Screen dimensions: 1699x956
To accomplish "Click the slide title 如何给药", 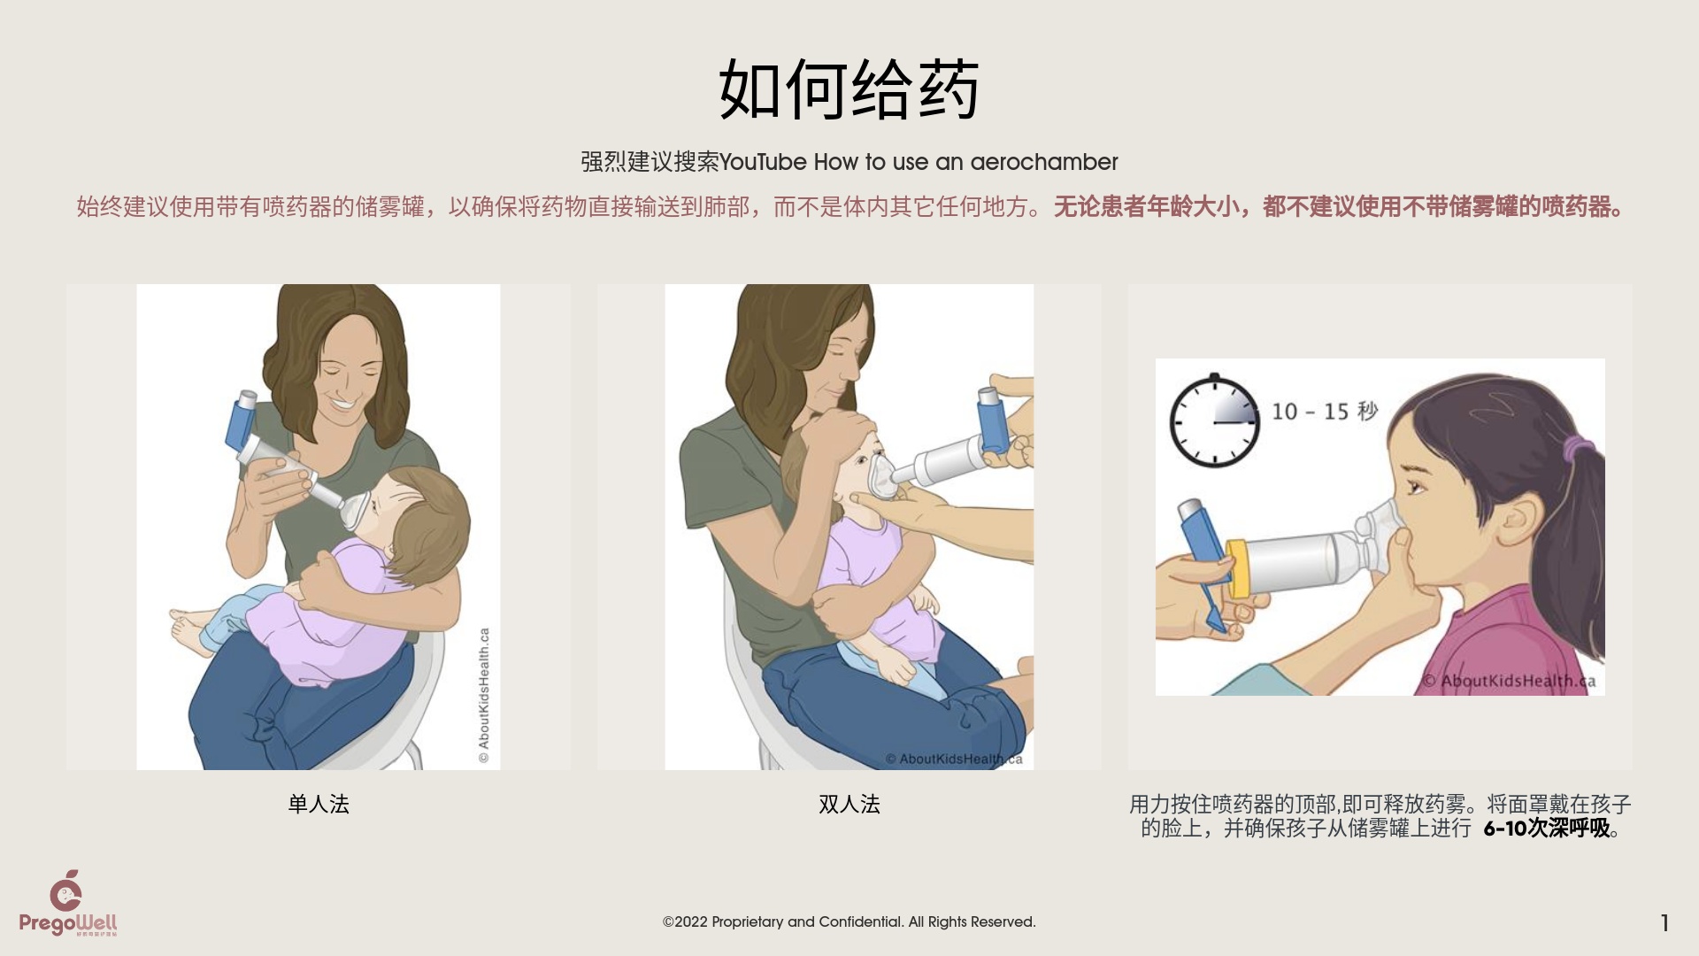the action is [x=849, y=89].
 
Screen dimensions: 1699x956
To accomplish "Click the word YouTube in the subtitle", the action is [x=763, y=162].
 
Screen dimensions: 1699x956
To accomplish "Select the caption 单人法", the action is [x=319, y=804].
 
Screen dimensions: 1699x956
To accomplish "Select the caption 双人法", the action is [x=849, y=804].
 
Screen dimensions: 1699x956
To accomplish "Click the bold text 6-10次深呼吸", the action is [x=1547, y=829].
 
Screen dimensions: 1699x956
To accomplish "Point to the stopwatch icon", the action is [x=1214, y=420].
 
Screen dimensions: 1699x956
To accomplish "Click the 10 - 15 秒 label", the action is [x=1325, y=411].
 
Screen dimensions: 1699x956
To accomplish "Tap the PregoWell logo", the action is [x=68, y=903].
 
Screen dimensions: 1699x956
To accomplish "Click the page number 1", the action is [x=1664, y=923].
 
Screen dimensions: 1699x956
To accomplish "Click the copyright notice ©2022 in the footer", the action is [x=849, y=921].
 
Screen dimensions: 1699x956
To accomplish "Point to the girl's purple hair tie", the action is [x=1573, y=448].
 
